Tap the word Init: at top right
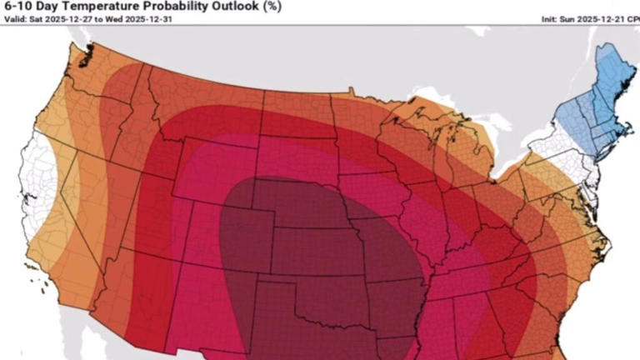click(x=551, y=19)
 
